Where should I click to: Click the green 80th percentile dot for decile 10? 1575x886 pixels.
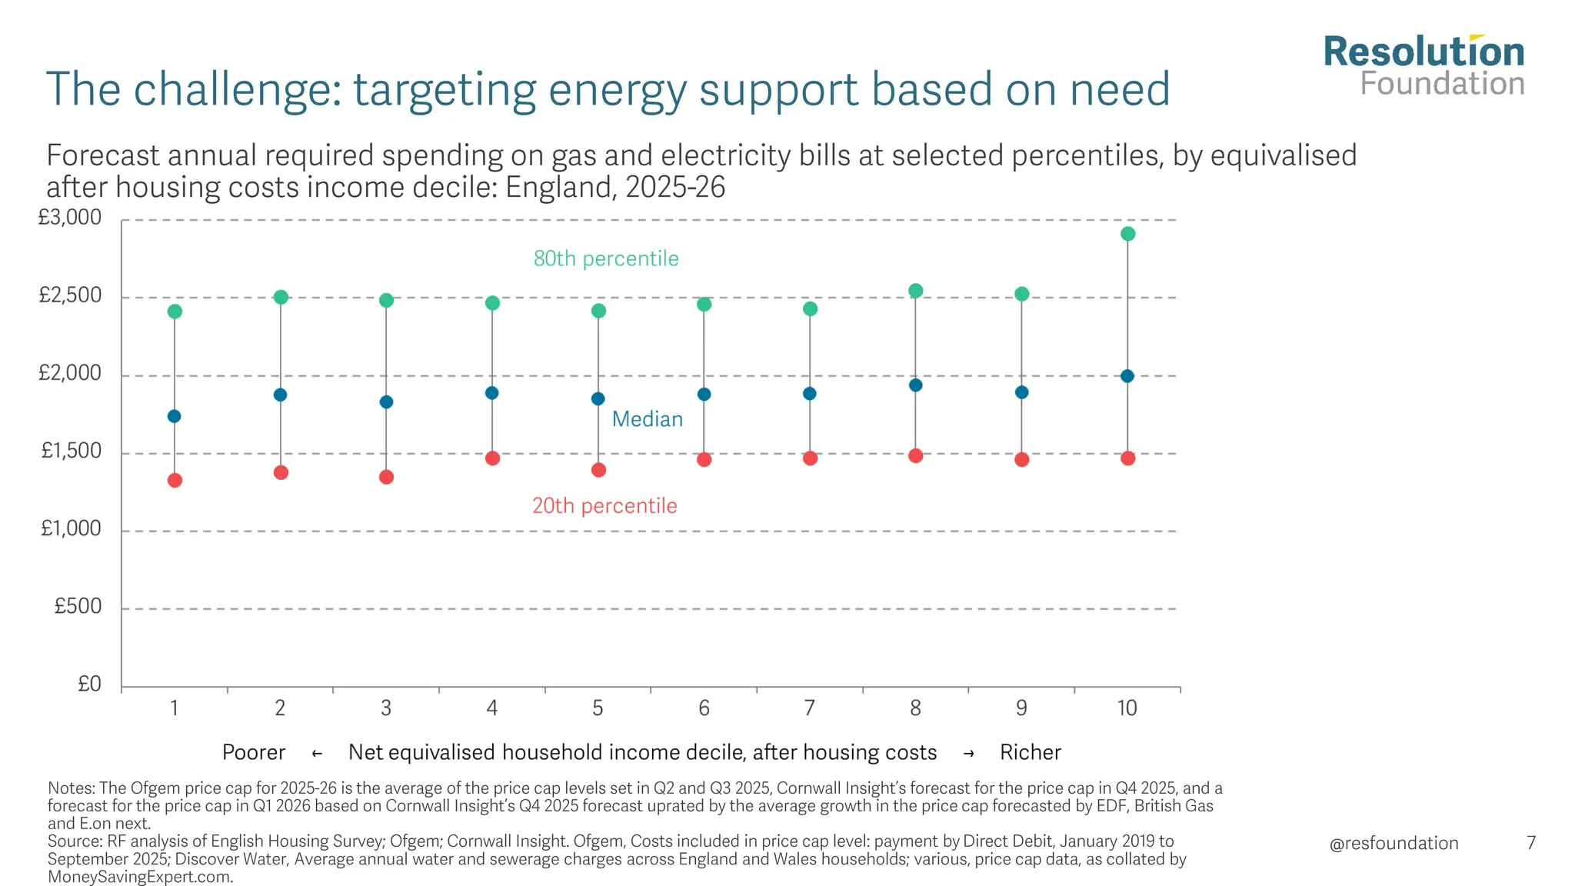pyautogui.click(x=1127, y=234)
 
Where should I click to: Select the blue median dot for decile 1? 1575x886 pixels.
pyautogui.click(x=175, y=416)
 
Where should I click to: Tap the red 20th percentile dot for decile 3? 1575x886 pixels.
pyautogui.click(x=387, y=477)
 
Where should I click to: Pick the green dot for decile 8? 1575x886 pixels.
pyautogui.click(x=915, y=291)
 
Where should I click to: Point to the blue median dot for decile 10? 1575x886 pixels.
pyautogui.click(x=1127, y=376)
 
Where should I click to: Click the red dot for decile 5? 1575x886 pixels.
pyautogui.click(x=598, y=470)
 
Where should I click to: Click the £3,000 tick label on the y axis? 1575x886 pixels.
pyautogui.click(x=70, y=218)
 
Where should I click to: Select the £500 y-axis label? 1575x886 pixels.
pyautogui.click(x=78, y=607)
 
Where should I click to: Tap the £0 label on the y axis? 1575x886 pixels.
pyautogui.click(x=89, y=684)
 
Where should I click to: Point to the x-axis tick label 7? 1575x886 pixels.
pyautogui.click(x=810, y=708)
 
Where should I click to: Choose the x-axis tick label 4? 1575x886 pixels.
pyautogui.click(x=492, y=708)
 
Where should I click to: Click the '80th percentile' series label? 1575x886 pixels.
pyautogui.click(x=606, y=258)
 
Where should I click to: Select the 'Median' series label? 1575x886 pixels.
pyautogui.click(x=648, y=419)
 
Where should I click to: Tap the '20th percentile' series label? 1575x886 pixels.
pyautogui.click(x=605, y=506)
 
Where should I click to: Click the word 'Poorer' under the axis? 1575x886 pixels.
pyautogui.click(x=254, y=752)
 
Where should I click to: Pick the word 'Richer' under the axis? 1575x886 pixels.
pyautogui.click(x=1031, y=752)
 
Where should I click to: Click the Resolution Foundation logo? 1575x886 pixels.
pyautogui.click(x=1423, y=66)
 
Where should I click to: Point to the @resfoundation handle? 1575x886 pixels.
pyautogui.click(x=1394, y=843)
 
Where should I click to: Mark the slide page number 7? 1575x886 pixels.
pyautogui.click(x=1531, y=843)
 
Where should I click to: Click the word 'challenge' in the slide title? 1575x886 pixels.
pyautogui.click(x=235, y=89)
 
